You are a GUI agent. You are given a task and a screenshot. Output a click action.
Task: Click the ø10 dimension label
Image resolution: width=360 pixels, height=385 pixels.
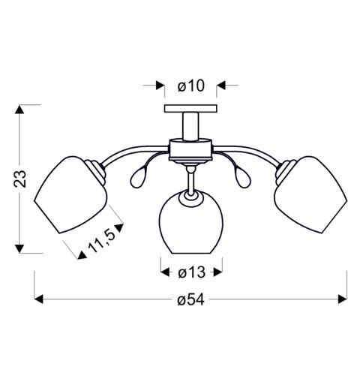(x=190, y=86)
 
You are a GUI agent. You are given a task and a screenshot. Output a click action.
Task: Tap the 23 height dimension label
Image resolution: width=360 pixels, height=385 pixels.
(x=22, y=179)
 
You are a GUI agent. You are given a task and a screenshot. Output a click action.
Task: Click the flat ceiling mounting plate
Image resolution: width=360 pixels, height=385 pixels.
(x=191, y=111)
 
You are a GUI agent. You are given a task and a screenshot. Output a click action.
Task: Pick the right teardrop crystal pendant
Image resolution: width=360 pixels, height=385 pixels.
(x=245, y=178)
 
